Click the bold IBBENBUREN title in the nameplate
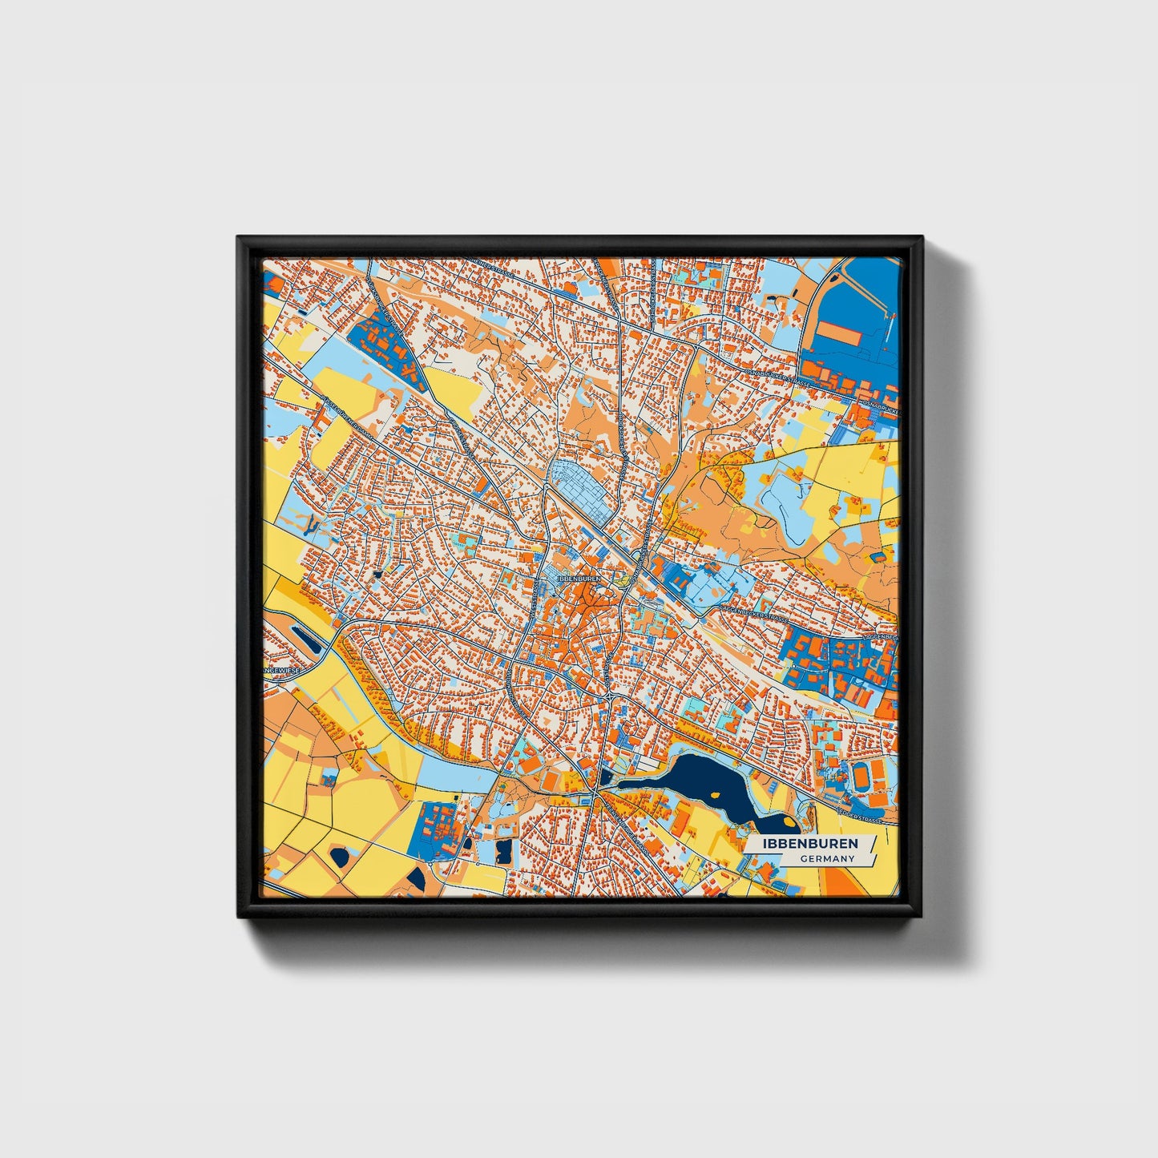(x=809, y=844)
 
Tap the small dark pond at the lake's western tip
(x=604, y=777)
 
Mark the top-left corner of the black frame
(x=240, y=239)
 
